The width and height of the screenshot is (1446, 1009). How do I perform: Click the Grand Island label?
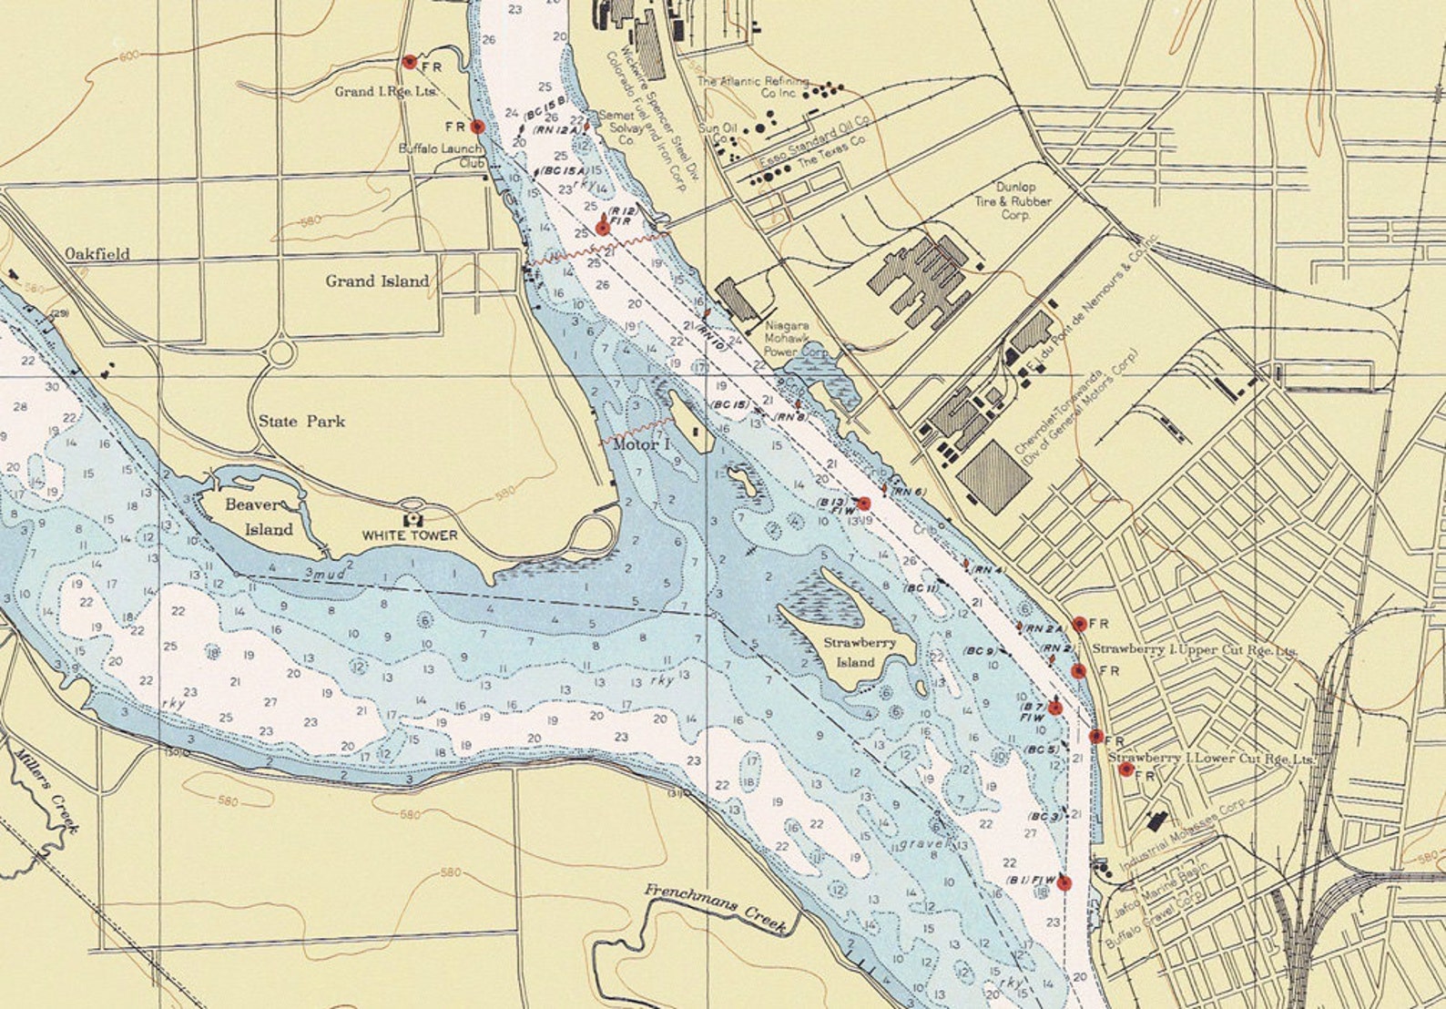(x=377, y=281)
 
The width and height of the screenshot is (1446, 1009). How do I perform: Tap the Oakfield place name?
(x=97, y=254)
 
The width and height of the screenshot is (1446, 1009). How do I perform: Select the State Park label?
(x=301, y=422)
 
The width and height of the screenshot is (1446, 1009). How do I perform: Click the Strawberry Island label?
(x=859, y=652)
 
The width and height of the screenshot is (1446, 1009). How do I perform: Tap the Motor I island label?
(x=641, y=444)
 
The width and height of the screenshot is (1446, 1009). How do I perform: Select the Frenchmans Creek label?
(x=716, y=907)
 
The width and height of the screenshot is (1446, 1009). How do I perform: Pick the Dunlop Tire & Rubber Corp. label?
(x=1013, y=201)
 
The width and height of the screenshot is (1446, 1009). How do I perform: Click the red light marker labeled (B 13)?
(x=864, y=504)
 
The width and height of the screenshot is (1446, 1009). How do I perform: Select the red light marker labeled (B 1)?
(x=1064, y=882)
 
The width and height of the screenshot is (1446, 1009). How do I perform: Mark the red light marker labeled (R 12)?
(x=602, y=228)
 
